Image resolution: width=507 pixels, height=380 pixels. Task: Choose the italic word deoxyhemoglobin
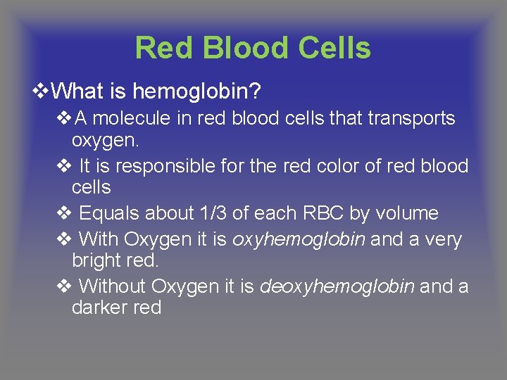click(337, 287)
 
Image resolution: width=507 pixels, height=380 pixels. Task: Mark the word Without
click(113, 287)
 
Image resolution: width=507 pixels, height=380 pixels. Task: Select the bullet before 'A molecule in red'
click(63, 118)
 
